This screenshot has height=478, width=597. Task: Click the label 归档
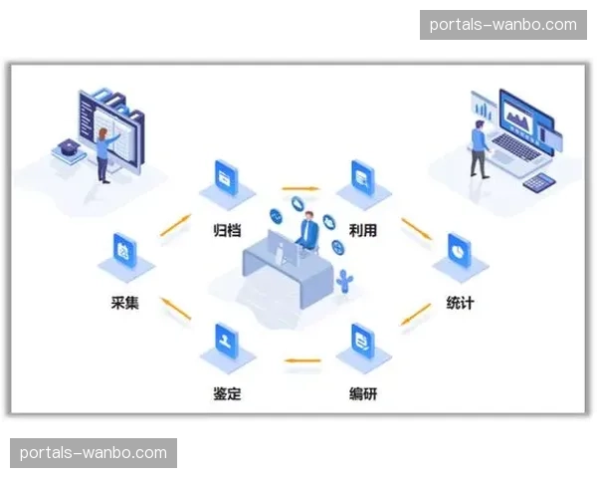[227, 230]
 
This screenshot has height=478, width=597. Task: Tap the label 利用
[362, 230]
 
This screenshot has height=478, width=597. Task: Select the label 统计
[460, 302]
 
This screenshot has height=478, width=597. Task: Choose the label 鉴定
[228, 392]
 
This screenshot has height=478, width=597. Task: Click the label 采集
[124, 302]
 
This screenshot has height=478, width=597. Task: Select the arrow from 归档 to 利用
[299, 187]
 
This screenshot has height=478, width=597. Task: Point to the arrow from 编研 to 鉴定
[301, 359]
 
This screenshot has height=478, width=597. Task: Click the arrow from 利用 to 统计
[416, 228]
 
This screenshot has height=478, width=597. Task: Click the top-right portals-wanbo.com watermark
[502, 25]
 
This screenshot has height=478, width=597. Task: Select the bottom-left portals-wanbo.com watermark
[94, 453]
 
